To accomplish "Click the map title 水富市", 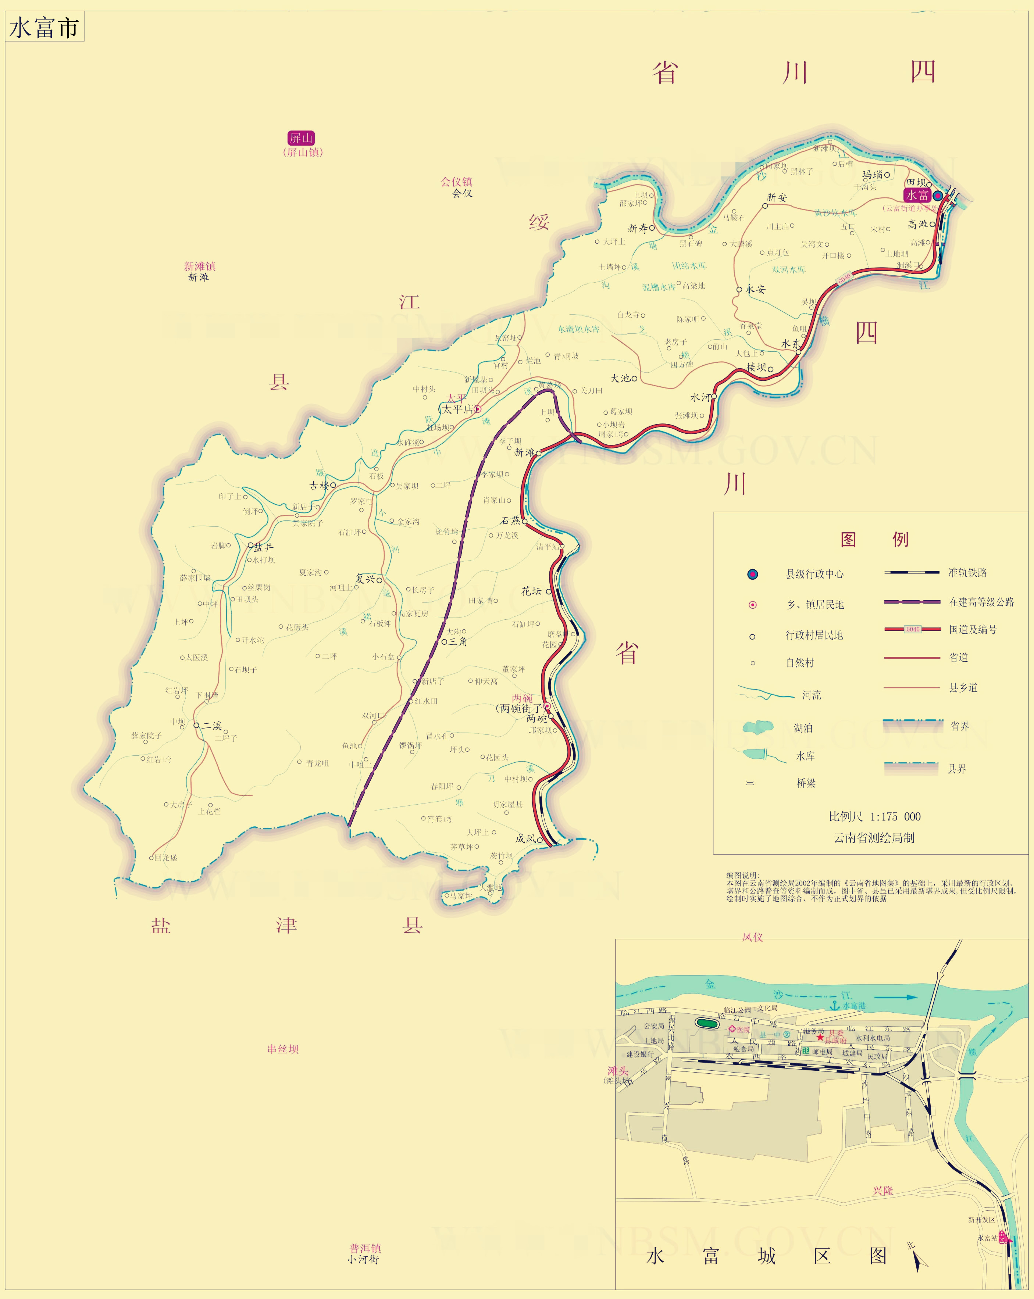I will (44, 28).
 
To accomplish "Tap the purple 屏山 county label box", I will (301, 138).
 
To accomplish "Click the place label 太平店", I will (458, 409).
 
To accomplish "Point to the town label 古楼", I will (320, 486).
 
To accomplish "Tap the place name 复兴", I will (365, 579).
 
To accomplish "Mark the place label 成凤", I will (525, 839).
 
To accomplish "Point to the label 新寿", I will (638, 228).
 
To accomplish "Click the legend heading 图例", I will (874, 539).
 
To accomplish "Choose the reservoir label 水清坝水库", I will (578, 329).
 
